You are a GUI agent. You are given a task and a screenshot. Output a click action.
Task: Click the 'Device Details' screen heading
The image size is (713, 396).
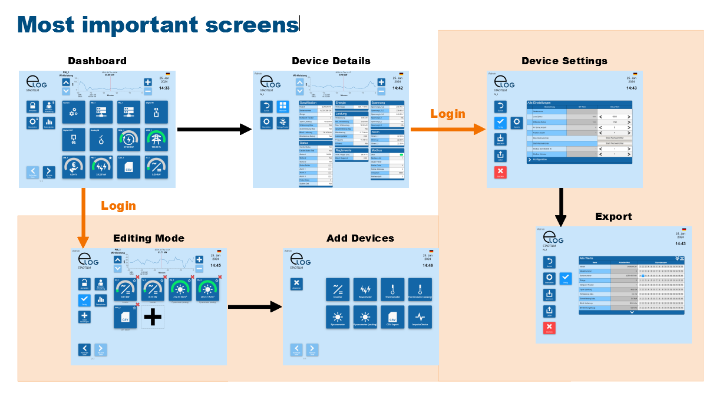click(331, 61)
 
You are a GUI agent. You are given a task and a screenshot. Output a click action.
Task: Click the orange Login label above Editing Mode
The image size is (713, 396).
click(118, 206)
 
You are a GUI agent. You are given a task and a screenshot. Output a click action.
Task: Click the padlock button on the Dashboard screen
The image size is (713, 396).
click(33, 107)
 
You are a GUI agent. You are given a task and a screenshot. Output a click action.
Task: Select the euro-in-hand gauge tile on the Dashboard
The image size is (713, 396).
click(74, 167)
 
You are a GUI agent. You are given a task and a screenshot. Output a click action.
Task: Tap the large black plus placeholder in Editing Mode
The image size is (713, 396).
click(153, 317)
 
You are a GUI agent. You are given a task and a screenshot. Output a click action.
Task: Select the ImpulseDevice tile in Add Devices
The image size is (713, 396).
click(420, 317)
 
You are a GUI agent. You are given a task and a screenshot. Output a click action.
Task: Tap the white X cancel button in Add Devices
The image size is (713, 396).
click(296, 284)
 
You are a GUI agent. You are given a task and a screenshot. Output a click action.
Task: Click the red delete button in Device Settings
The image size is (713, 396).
click(500, 172)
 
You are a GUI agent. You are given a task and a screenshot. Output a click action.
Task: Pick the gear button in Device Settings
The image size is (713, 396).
click(516, 123)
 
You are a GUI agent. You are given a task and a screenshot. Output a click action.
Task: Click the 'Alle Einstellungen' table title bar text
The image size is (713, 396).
click(542, 103)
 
